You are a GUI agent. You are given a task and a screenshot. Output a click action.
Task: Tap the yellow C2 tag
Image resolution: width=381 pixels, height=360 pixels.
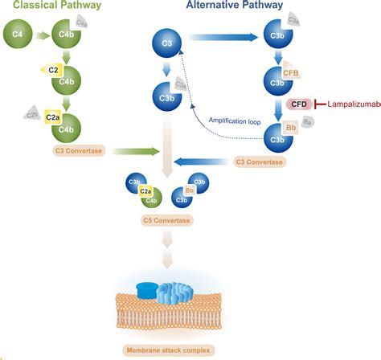[x=54, y=71]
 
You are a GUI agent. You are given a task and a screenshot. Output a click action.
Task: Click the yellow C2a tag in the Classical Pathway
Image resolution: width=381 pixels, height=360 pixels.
[x=54, y=116]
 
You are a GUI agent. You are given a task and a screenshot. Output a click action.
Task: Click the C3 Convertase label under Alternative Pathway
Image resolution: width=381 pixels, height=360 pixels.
[x=259, y=162]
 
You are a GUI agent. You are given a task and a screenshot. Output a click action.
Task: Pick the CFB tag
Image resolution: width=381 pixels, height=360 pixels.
[x=290, y=72]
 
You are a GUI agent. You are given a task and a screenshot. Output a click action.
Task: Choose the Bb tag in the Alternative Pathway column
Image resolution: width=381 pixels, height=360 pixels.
[x=291, y=129]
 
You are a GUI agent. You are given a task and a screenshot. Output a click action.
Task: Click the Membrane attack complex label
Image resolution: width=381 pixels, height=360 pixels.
[x=167, y=350]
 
